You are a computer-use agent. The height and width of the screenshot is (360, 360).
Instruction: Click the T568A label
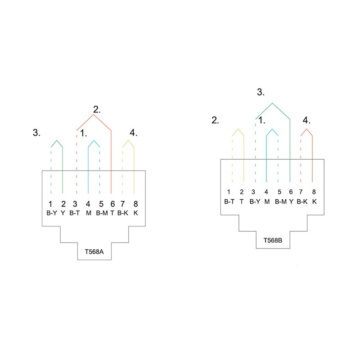[x=94, y=252]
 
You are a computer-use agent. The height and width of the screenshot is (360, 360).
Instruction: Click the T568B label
[x=273, y=240]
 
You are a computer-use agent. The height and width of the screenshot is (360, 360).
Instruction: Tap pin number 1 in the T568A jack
[x=50, y=204]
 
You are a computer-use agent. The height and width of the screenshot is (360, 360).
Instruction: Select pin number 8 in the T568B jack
[x=314, y=192]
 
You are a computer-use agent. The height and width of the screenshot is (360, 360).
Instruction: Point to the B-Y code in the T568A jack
[x=52, y=213]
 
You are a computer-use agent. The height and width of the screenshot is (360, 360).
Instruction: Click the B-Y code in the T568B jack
[x=255, y=202]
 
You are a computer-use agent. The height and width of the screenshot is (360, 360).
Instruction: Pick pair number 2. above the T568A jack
[x=97, y=109]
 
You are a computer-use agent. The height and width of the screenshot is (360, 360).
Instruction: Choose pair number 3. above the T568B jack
[x=261, y=92]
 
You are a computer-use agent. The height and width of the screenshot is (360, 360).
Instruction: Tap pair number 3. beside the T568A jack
[x=36, y=132]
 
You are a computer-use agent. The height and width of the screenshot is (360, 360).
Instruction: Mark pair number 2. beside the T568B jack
[x=215, y=120]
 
